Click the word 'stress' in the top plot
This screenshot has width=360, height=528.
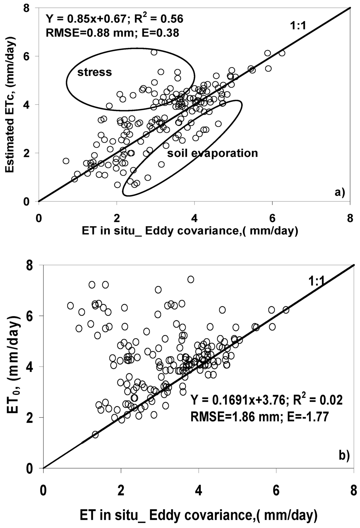94,72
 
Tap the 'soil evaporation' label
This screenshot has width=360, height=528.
212,153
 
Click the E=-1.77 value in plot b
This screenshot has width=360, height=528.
304,417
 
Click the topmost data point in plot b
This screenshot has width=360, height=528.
191,279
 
